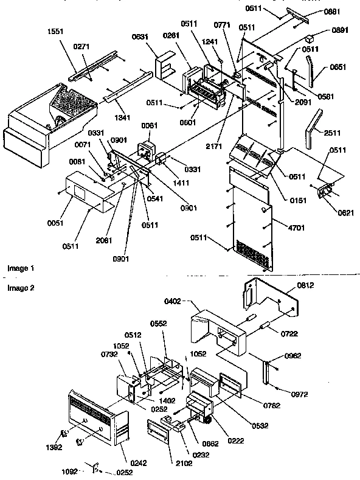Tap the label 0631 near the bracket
tap(156, 37)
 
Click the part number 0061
tap(150, 126)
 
